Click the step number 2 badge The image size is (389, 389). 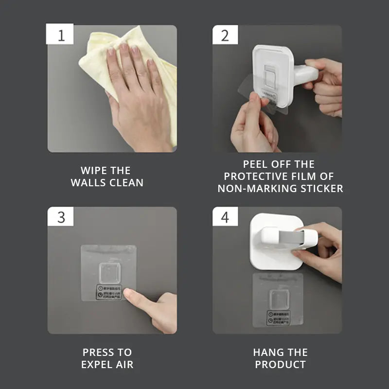tap(225, 35)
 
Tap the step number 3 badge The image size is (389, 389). tap(60, 217)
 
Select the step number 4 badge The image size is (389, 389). tap(225, 217)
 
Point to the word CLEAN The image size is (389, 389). tap(126, 183)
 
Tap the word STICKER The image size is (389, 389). tap(319, 189)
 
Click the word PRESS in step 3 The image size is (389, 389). tap(95, 353)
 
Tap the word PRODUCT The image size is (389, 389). tap(281, 365)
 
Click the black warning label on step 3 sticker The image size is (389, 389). tap(109, 292)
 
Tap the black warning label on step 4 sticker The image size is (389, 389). tap(278, 318)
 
